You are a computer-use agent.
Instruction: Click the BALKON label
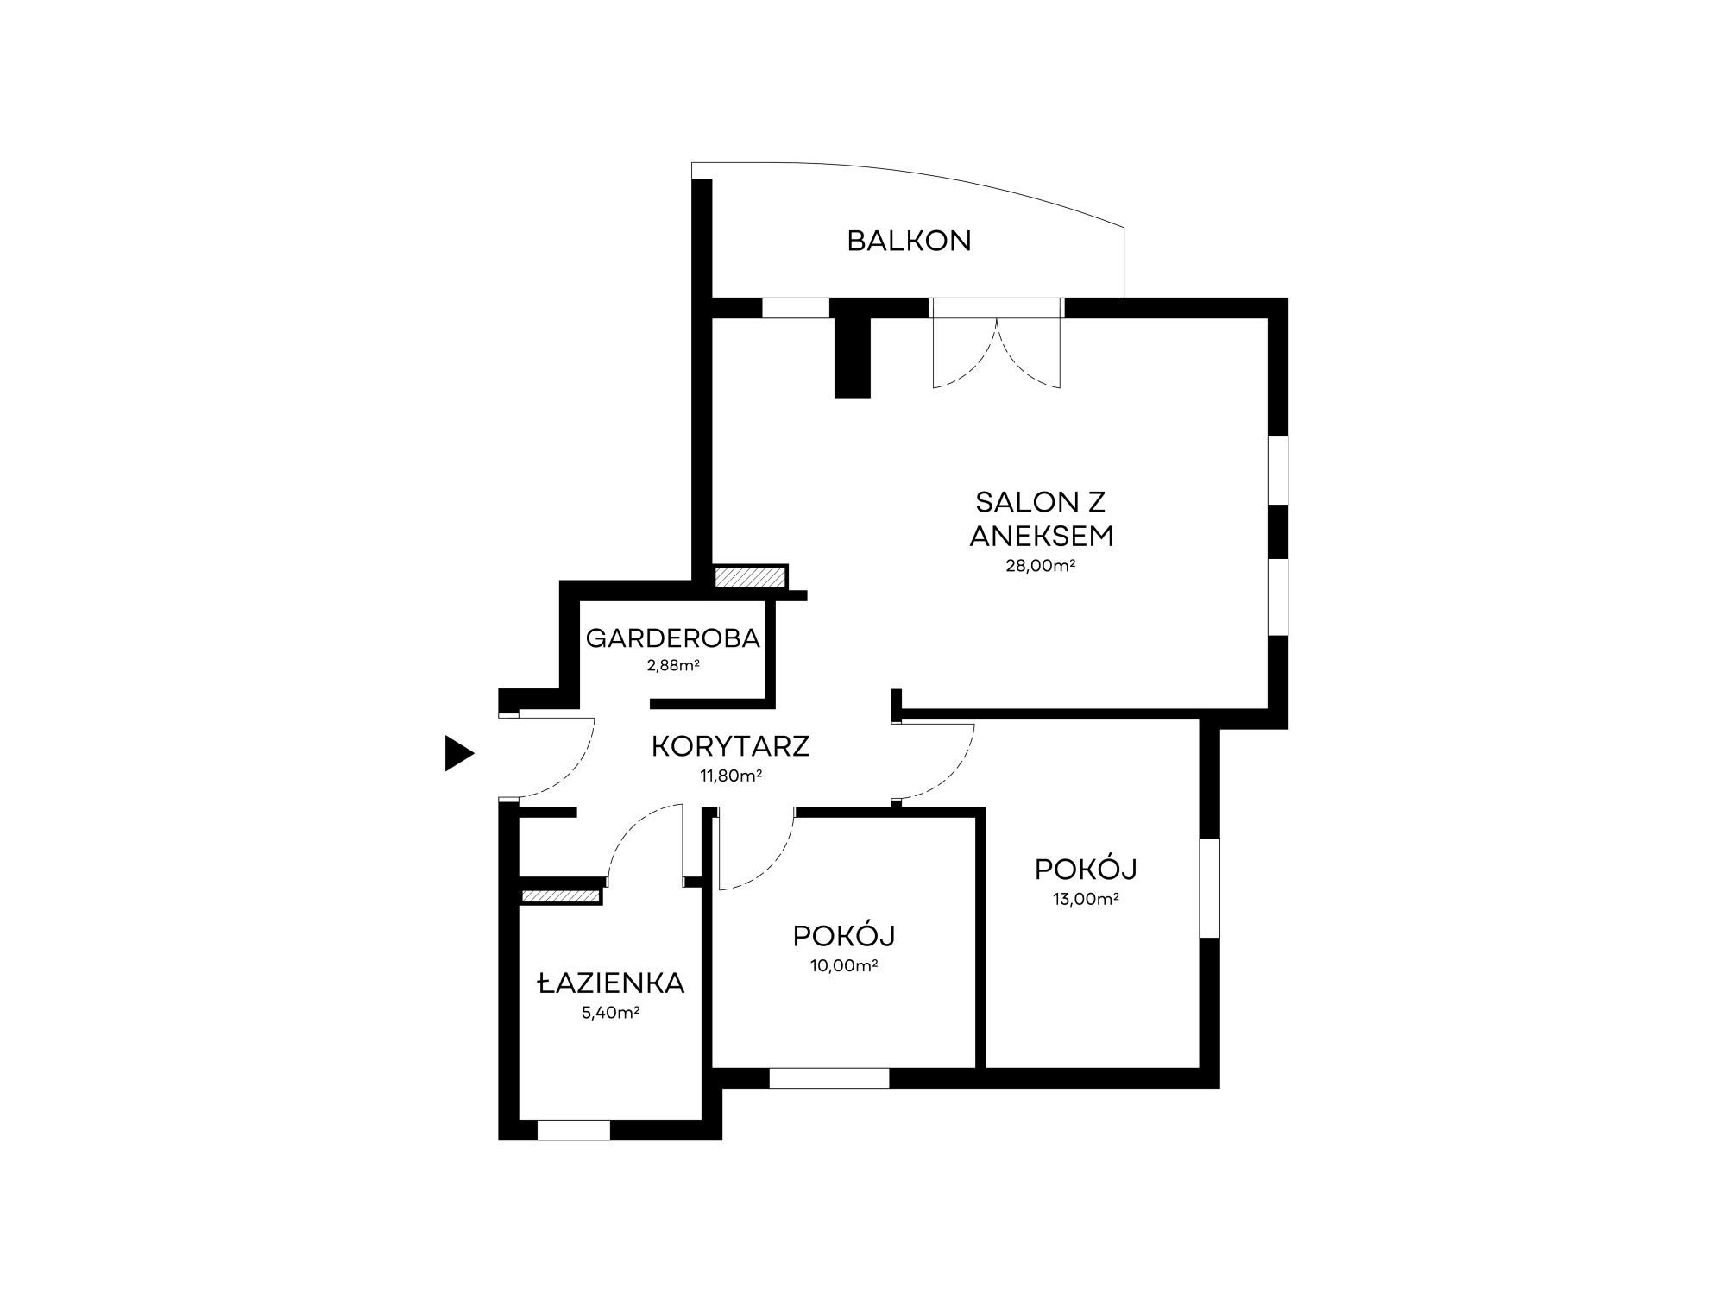[x=909, y=241]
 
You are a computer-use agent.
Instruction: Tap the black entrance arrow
[x=459, y=753]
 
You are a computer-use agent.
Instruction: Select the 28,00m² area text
[x=1040, y=566]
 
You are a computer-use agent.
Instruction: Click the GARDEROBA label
[x=672, y=638]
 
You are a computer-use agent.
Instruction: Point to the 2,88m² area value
[x=672, y=665]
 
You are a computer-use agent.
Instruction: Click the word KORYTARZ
[x=730, y=746]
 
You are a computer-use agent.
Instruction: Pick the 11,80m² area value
[x=730, y=776]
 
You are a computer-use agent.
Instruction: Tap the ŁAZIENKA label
[x=611, y=983]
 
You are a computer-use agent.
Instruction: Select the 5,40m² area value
[x=610, y=1013]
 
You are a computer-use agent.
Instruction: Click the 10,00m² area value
[x=843, y=965]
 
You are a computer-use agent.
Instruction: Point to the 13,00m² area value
[x=1086, y=899]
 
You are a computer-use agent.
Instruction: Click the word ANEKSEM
[x=1042, y=536]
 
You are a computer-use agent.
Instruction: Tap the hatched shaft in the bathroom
[x=561, y=897]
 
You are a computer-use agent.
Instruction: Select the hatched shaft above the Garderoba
[x=750, y=576]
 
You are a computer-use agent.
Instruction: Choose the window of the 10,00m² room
[x=829, y=1077]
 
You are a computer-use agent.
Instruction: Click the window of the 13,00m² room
[x=1210, y=888]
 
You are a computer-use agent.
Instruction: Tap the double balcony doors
[x=997, y=342]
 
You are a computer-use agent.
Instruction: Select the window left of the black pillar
[x=796, y=308]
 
